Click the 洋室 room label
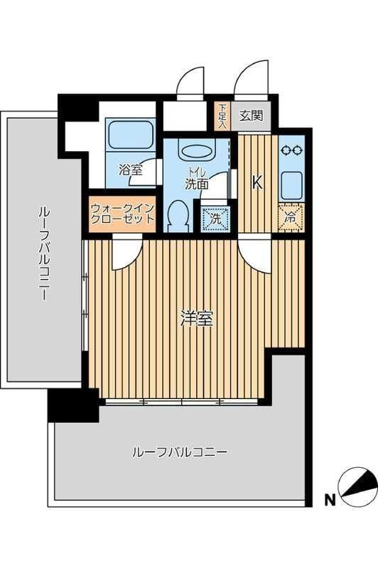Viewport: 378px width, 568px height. [x=197, y=319]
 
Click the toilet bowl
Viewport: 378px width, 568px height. [x=179, y=215]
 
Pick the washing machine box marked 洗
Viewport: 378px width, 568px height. [x=216, y=219]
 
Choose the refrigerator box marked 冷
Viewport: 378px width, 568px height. [x=291, y=217]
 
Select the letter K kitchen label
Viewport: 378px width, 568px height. [x=257, y=182]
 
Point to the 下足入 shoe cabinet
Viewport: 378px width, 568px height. [x=222, y=116]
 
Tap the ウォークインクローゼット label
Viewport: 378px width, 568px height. [x=122, y=214]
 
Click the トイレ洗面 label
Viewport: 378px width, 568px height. [x=196, y=177]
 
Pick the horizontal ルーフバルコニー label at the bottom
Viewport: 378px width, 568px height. [x=179, y=452]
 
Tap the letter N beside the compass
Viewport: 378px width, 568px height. [x=329, y=500]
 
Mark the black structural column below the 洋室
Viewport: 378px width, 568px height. [x=71, y=405]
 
